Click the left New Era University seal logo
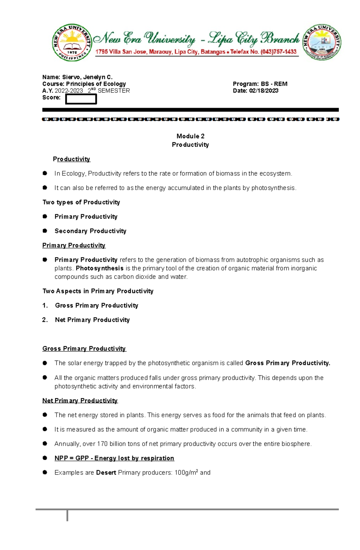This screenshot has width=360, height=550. [x=72, y=43]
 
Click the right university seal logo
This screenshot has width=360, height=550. [x=322, y=43]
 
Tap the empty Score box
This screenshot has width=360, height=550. [x=81, y=99]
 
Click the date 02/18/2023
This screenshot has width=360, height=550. [x=263, y=91]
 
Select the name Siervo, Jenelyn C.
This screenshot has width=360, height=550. [x=87, y=77]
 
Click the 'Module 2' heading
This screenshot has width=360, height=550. [x=190, y=136]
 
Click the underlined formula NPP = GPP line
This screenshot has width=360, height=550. [x=114, y=458]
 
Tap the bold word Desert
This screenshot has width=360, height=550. [x=106, y=472]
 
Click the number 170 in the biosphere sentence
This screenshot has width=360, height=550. [x=102, y=444]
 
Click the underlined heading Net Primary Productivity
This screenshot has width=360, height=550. [x=80, y=400]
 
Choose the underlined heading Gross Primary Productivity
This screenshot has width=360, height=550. [x=84, y=348]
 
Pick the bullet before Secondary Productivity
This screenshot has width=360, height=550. [x=45, y=230]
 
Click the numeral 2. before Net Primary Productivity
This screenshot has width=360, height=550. [x=45, y=320]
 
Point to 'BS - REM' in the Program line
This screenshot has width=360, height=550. [x=274, y=84]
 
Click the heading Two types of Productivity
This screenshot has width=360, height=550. [x=81, y=202]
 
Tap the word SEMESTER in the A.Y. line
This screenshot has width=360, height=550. [x=114, y=91]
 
